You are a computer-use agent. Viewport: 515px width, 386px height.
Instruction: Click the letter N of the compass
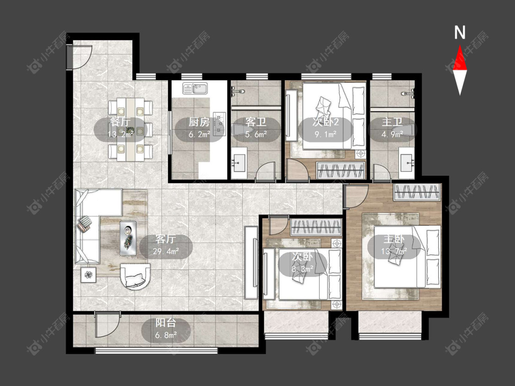pyautogui.click(x=460, y=32)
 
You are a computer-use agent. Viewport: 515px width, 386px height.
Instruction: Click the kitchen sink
pyautogui.click(x=195, y=88)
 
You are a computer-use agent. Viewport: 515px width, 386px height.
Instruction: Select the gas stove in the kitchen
pyautogui.click(x=219, y=124)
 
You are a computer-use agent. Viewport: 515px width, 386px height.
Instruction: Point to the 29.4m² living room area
pyautogui.click(x=166, y=252)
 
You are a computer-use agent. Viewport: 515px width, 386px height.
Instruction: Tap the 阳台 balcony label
pyautogui.click(x=166, y=323)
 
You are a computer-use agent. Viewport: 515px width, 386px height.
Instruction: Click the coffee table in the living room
pyautogui.click(x=128, y=238)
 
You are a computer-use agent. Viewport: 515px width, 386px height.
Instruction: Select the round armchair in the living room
pyautogui.click(x=136, y=276)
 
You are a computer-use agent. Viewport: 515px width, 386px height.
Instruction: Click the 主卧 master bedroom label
pyautogui.click(x=394, y=239)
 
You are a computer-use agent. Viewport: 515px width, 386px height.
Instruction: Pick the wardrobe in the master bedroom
pyautogui.click(x=417, y=192)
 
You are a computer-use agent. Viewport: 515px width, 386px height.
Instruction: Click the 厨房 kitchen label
pyautogui.click(x=199, y=122)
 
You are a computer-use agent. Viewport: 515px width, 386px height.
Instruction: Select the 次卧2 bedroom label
pyautogui.click(x=325, y=122)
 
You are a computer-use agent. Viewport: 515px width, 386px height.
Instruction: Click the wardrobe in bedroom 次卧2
pyautogui.click(x=341, y=170)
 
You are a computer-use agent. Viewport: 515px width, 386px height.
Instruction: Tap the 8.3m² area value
pyautogui.click(x=303, y=269)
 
